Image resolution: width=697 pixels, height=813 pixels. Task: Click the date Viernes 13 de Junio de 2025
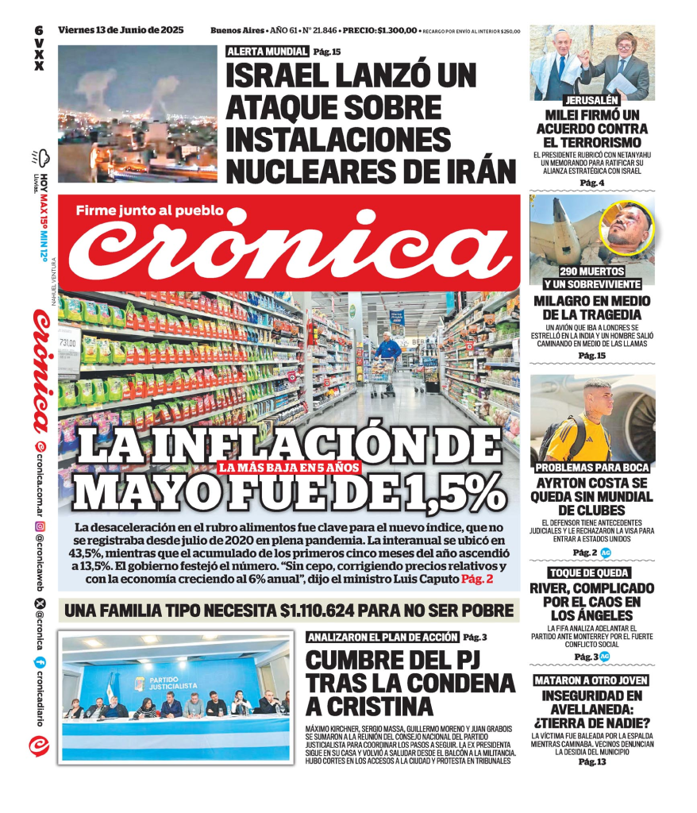121,30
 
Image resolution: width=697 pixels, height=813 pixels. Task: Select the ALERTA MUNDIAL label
268,52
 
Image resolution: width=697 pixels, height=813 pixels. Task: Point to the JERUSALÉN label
592,101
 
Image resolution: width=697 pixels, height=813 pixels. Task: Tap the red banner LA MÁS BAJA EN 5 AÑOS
290,468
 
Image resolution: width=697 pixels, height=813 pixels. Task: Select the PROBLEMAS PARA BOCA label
592,467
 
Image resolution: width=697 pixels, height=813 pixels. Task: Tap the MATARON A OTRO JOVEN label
591,680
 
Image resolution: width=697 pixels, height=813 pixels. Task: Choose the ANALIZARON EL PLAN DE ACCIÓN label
383,637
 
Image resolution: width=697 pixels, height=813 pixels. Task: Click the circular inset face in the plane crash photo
626,228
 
